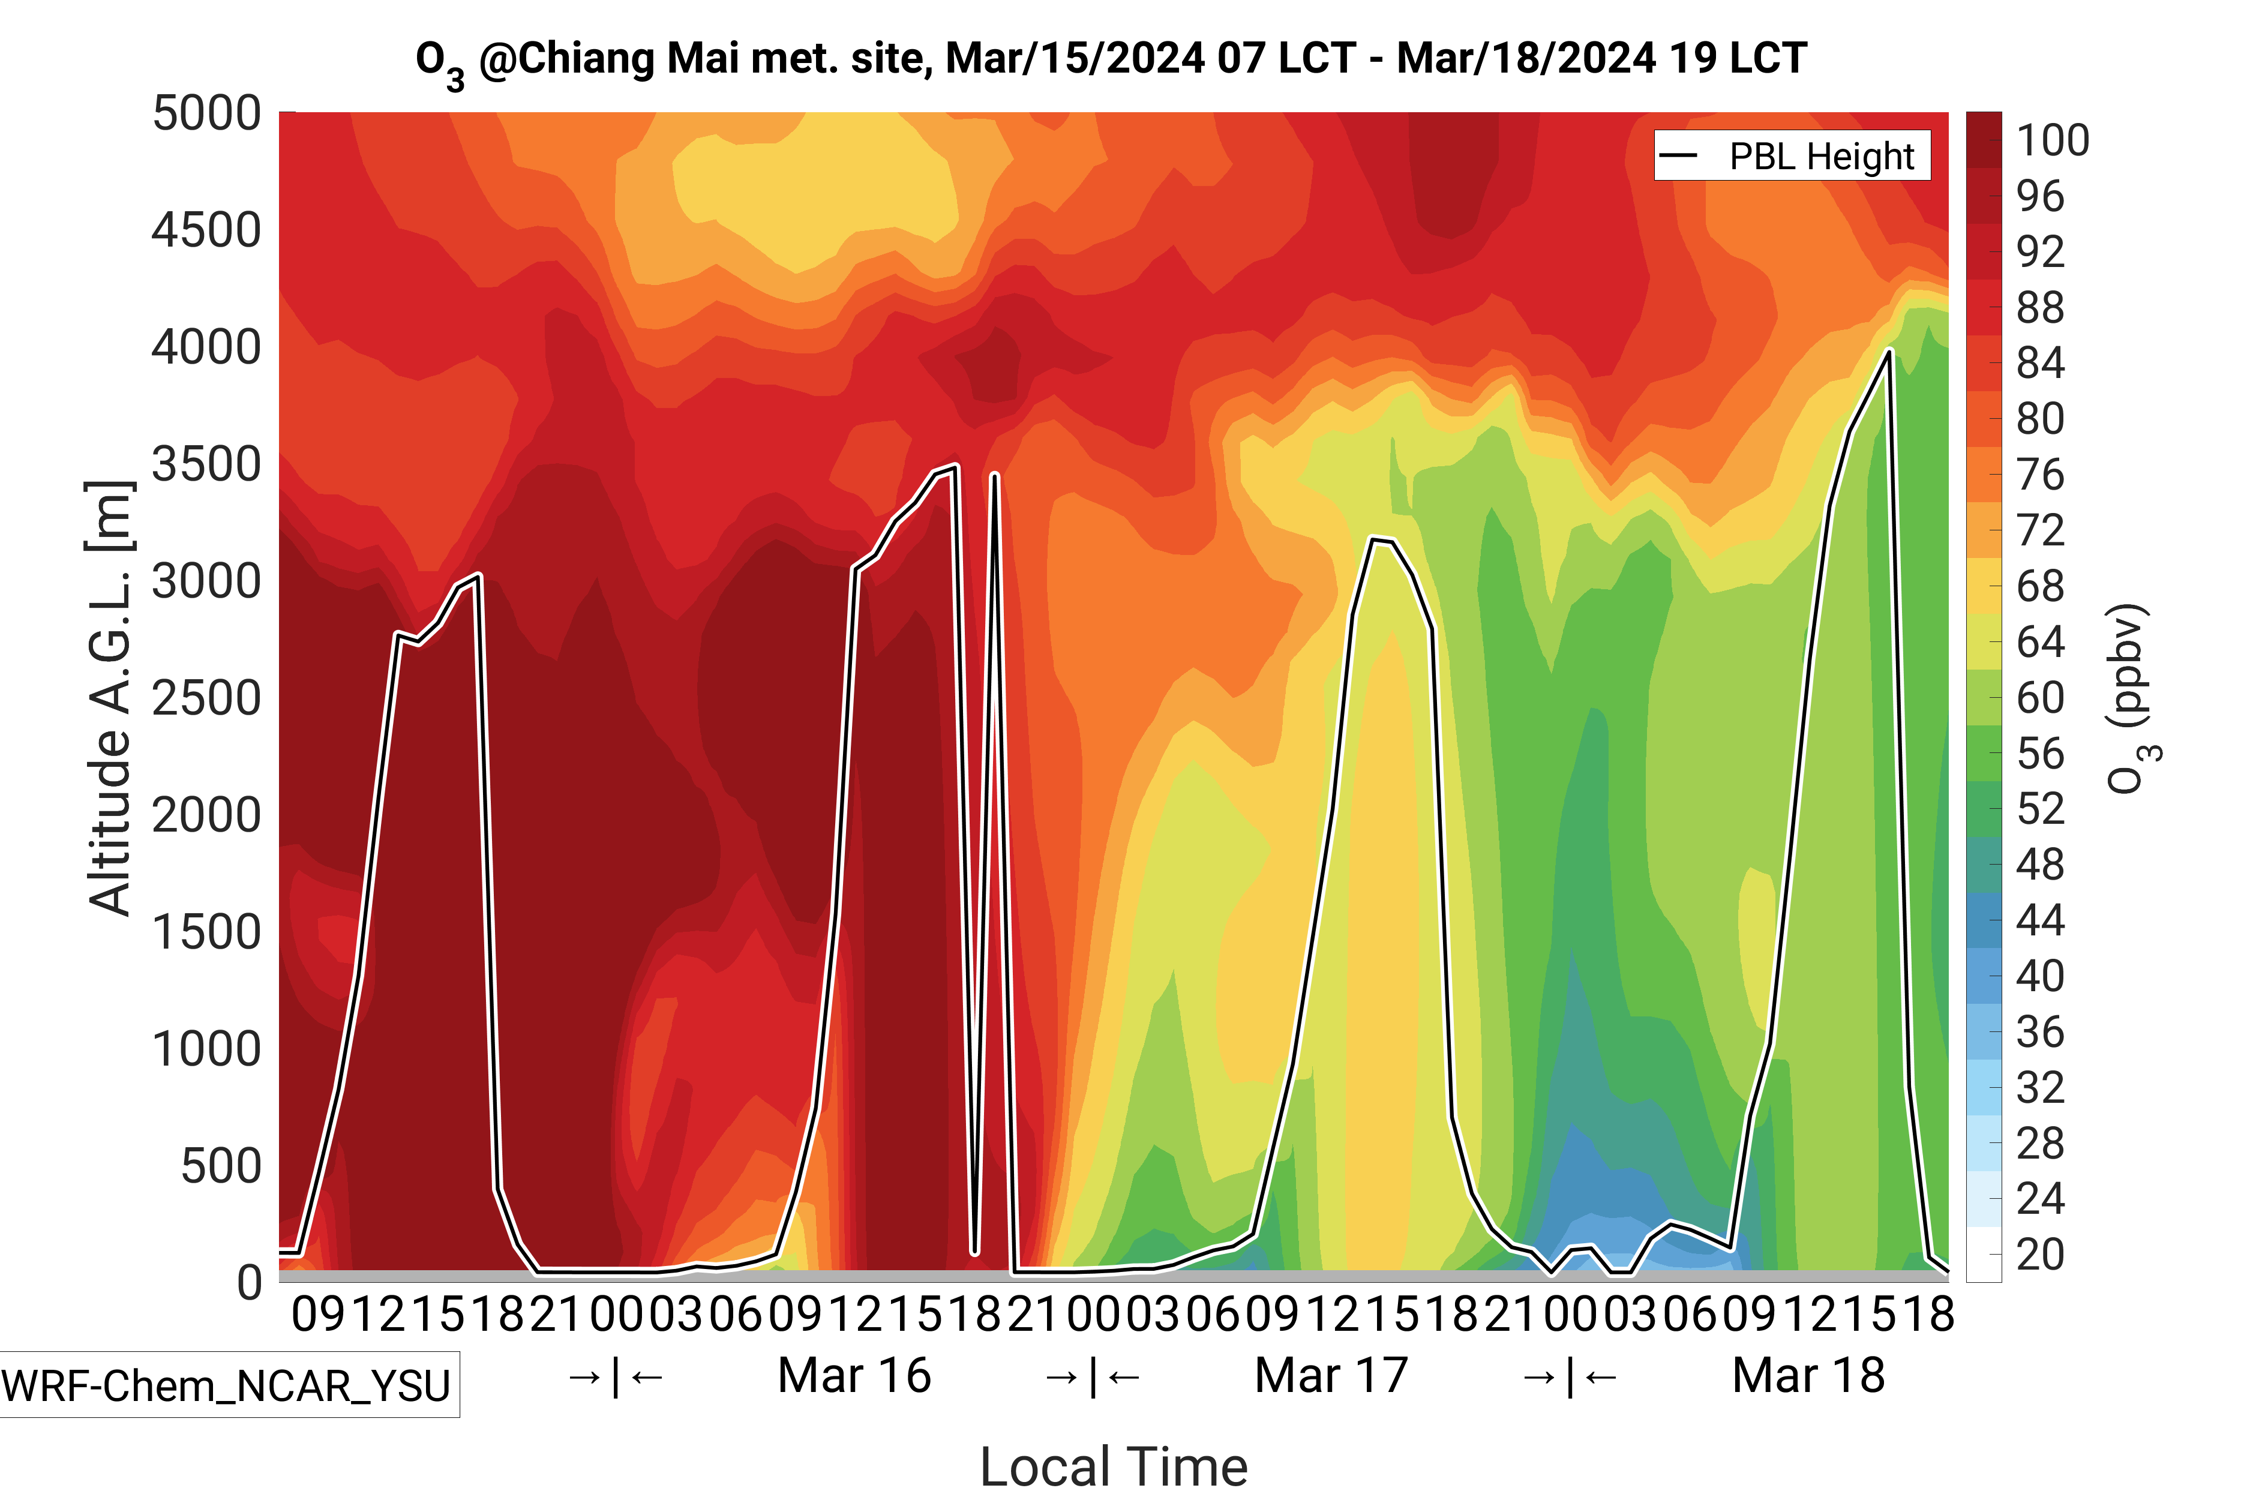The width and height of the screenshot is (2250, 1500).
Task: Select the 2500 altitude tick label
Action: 206,698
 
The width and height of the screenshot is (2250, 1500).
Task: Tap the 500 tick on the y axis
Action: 221,1166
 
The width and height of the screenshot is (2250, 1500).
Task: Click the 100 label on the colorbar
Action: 2052,140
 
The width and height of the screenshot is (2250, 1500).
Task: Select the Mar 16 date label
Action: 854,1376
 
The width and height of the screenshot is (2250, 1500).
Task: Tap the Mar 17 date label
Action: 1331,1376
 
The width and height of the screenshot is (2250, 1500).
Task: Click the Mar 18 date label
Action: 1808,1376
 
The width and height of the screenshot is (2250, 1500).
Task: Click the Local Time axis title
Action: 1114,1466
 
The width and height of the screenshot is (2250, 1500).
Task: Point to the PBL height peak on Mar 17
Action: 1374,539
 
